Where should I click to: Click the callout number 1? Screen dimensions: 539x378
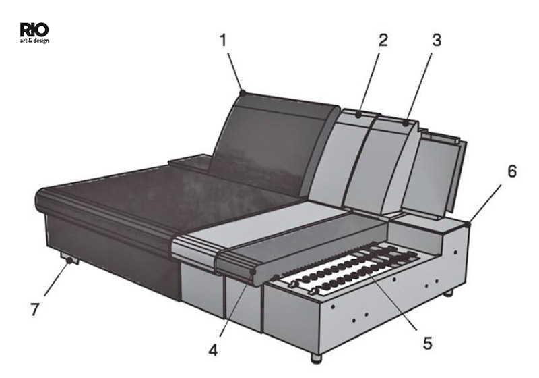[x=224, y=40]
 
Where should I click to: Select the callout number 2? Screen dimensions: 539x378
[x=383, y=40]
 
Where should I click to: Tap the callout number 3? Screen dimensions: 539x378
[x=436, y=40]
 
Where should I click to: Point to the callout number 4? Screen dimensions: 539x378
[x=213, y=350]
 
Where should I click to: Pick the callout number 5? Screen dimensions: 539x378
[x=427, y=343]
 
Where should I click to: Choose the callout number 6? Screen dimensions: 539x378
[x=512, y=171]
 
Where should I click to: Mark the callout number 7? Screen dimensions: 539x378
[x=35, y=310]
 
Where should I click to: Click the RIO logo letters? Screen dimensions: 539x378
[x=34, y=30]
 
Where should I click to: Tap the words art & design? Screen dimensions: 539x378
[x=34, y=40]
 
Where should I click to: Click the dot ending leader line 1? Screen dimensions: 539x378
[x=243, y=92]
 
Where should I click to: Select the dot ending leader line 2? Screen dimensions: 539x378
[x=358, y=115]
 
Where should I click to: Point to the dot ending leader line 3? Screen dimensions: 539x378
[x=406, y=123]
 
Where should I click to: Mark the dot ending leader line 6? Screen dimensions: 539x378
[x=468, y=225]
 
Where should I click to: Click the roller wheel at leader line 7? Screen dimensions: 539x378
[x=70, y=261]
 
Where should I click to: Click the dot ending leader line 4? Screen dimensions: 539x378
[x=254, y=272]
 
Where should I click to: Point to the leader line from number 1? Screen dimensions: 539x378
[x=234, y=72]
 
